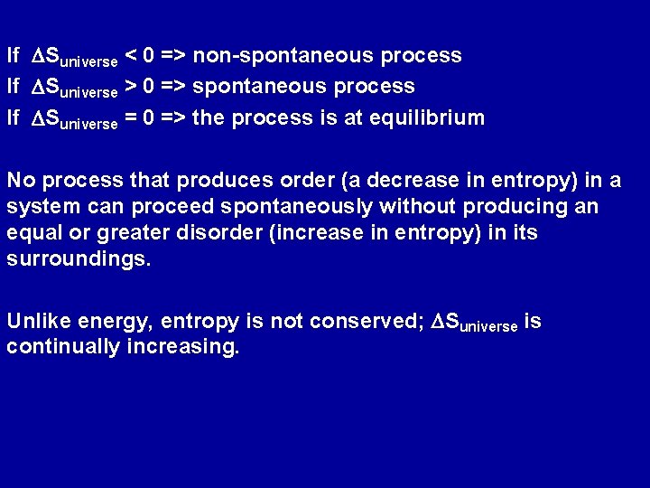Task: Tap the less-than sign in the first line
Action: pos(131,56)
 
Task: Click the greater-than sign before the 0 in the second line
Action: pos(131,87)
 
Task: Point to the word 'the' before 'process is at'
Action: pos(209,117)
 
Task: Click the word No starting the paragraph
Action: pos(21,181)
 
